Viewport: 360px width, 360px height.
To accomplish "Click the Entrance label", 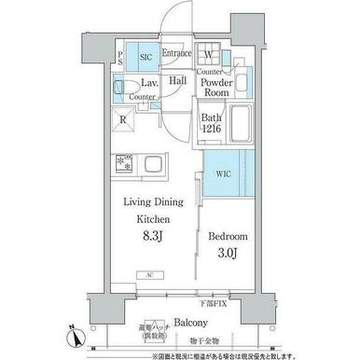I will pyautogui.click(x=176, y=54).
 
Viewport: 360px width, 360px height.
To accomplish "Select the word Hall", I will pyautogui.click(x=178, y=81).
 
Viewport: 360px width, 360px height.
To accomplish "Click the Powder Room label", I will pyautogui.click(x=216, y=87).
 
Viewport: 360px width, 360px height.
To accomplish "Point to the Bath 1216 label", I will pyautogui.click(x=211, y=124).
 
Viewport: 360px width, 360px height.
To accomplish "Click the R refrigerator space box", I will pyautogui.click(x=122, y=119).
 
